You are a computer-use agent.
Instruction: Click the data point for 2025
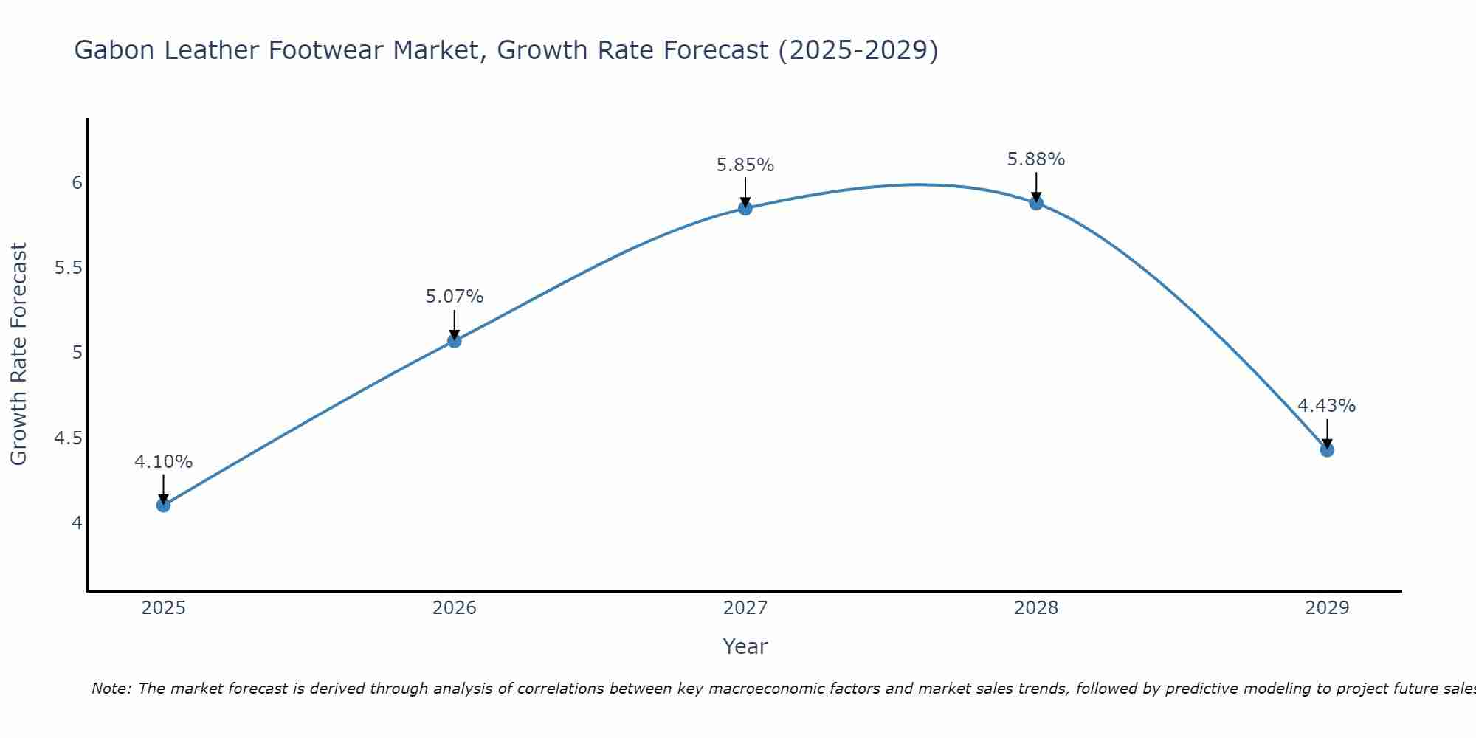(163, 505)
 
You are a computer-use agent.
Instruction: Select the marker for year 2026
(454, 340)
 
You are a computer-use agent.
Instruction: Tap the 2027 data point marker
(745, 208)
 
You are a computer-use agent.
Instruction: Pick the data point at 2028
(1035, 203)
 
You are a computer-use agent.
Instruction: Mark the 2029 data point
(1326, 449)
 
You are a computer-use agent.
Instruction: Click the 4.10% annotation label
(163, 462)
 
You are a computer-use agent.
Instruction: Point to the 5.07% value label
(454, 297)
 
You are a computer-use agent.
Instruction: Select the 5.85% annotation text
(745, 165)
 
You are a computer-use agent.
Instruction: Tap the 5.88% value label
(1035, 159)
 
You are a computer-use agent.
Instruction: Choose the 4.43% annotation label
(1326, 406)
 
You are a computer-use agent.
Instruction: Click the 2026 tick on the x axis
(454, 608)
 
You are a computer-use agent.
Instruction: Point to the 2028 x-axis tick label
(1035, 608)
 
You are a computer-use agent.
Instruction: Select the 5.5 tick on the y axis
(68, 268)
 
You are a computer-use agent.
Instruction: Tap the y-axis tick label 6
(77, 182)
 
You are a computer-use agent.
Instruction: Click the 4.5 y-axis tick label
(68, 438)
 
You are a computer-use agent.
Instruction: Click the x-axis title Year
(745, 646)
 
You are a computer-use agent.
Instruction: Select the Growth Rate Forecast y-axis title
(18, 354)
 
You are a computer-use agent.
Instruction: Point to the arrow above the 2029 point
(1326, 432)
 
